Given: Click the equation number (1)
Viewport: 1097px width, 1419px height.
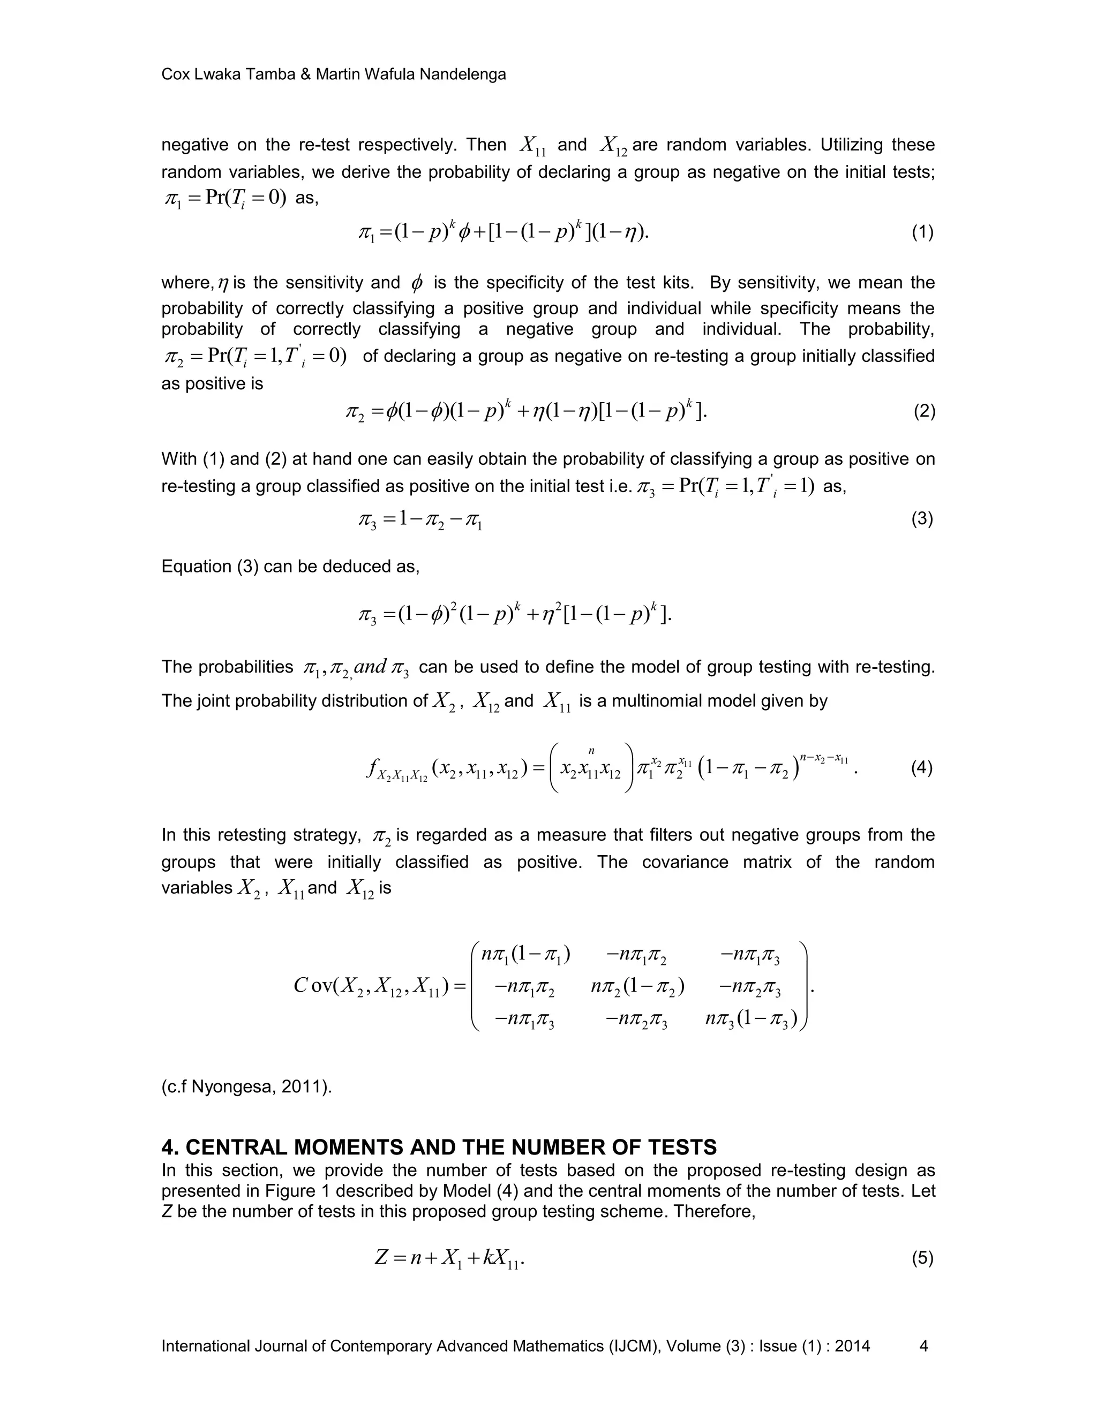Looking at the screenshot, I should click(922, 232).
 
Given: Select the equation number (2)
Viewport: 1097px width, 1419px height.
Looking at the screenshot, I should click(924, 411).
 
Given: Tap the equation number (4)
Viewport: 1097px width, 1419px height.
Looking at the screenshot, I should click(921, 768).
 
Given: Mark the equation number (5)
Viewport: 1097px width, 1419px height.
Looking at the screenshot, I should click(922, 1258).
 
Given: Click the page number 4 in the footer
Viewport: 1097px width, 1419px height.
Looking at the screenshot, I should click(923, 1346).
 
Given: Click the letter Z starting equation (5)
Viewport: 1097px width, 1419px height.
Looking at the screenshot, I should click(381, 1258).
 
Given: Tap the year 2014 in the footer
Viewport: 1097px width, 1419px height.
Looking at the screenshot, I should click(852, 1346).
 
